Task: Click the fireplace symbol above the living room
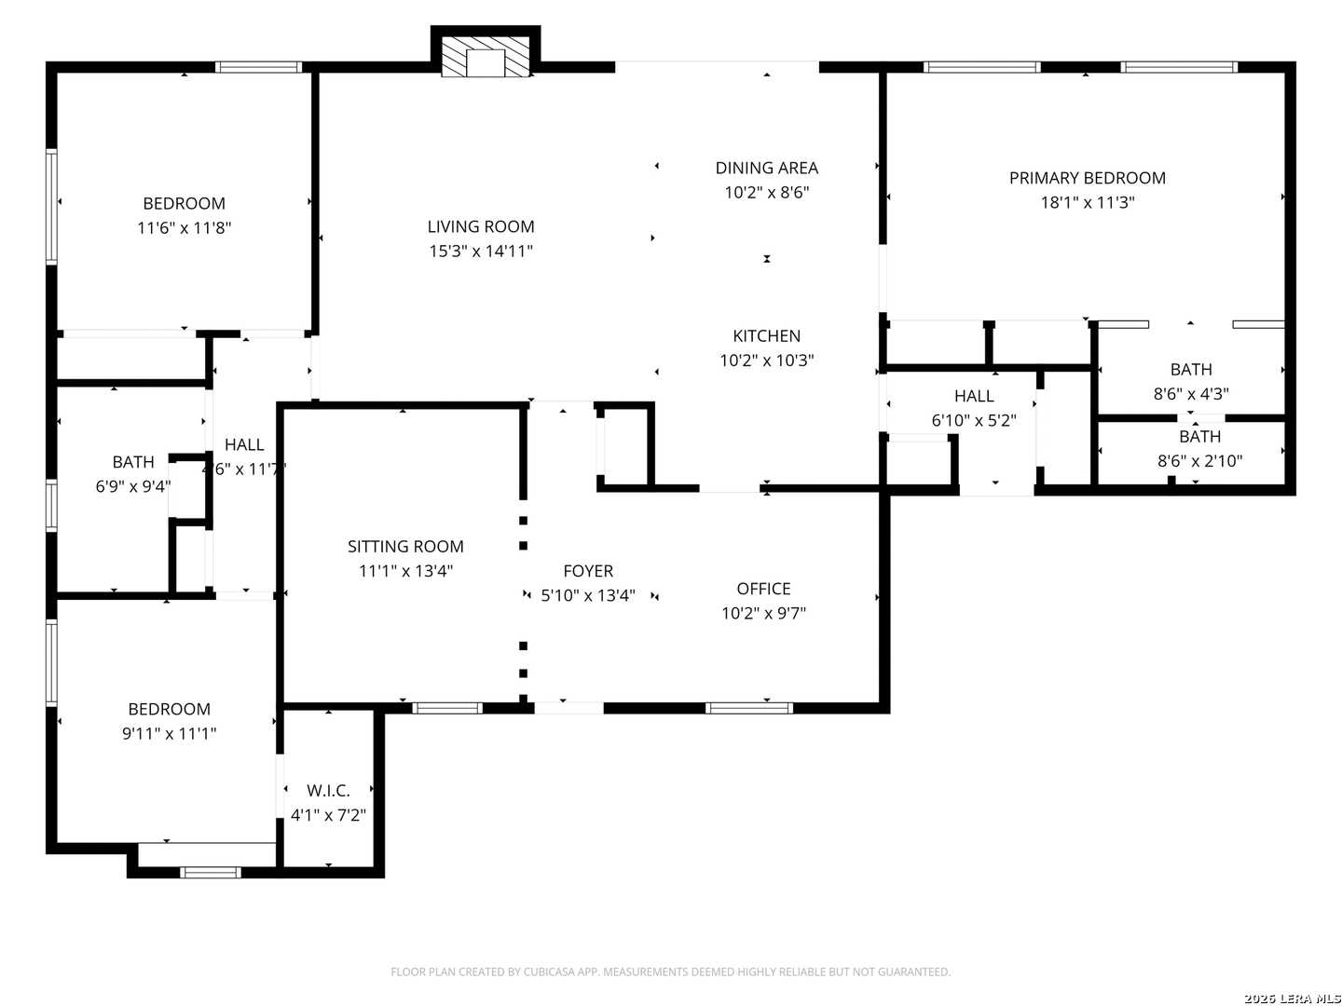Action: click(485, 56)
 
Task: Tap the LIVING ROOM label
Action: click(481, 226)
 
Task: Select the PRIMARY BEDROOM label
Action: click(1087, 178)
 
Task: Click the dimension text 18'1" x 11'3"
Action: click(1088, 202)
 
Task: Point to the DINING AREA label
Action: click(767, 168)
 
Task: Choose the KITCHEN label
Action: click(767, 335)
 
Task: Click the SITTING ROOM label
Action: click(405, 546)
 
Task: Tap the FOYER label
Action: click(588, 570)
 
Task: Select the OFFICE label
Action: click(763, 588)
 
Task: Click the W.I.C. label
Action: click(328, 791)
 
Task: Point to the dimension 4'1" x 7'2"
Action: click(328, 815)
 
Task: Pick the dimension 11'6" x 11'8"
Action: click(184, 228)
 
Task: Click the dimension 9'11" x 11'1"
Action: click(170, 733)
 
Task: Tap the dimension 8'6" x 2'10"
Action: click(1199, 460)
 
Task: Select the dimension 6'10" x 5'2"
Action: click(974, 420)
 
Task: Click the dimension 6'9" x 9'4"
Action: click(132, 486)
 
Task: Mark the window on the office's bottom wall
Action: click(749, 708)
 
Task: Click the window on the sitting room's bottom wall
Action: click(447, 708)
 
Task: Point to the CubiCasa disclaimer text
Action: click(671, 972)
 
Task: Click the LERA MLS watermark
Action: click(1292, 999)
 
